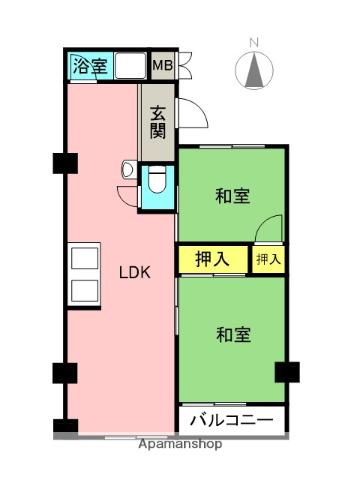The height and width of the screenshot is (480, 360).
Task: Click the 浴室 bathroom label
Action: pos(90,67)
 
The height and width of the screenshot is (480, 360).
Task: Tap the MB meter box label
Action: pos(161,67)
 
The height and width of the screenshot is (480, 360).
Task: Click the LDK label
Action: pos(135,271)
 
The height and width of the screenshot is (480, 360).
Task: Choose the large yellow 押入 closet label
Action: pos(211,258)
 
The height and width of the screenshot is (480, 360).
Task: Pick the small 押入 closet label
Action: pos(268,258)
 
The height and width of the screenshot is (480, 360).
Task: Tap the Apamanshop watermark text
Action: pos(180,443)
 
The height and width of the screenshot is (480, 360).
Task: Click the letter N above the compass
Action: pos(254,41)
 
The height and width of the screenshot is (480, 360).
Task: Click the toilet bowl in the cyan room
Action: pos(157,182)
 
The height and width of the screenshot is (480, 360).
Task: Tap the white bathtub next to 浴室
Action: pos(129,66)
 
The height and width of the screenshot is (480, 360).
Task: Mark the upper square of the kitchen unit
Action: pos(83,259)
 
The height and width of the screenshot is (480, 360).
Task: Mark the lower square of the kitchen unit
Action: pos(83,291)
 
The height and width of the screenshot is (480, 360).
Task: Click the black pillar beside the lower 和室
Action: pos(287,371)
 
